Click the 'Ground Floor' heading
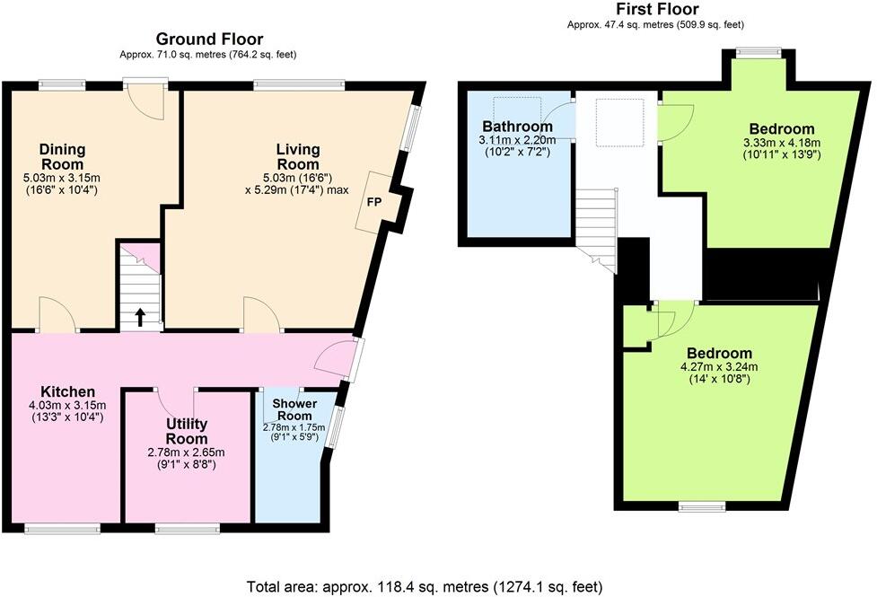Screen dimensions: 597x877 (209, 39)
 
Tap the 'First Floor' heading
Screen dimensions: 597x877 (654, 10)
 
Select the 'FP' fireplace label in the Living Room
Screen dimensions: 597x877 (373, 202)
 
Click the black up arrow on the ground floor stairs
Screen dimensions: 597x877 (139, 317)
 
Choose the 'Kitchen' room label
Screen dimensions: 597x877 (67, 391)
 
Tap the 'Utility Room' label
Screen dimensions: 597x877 (187, 431)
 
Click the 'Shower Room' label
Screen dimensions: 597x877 (294, 409)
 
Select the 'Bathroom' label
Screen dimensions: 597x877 (517, 126)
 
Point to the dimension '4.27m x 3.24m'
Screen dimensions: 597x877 (720, 366)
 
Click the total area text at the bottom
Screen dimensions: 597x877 (438, 586)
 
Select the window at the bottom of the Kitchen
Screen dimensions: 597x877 (61, 528)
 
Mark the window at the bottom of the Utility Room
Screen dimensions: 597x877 (187, 528)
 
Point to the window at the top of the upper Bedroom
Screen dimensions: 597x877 (759, 52)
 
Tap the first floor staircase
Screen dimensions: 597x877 (595, 220)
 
